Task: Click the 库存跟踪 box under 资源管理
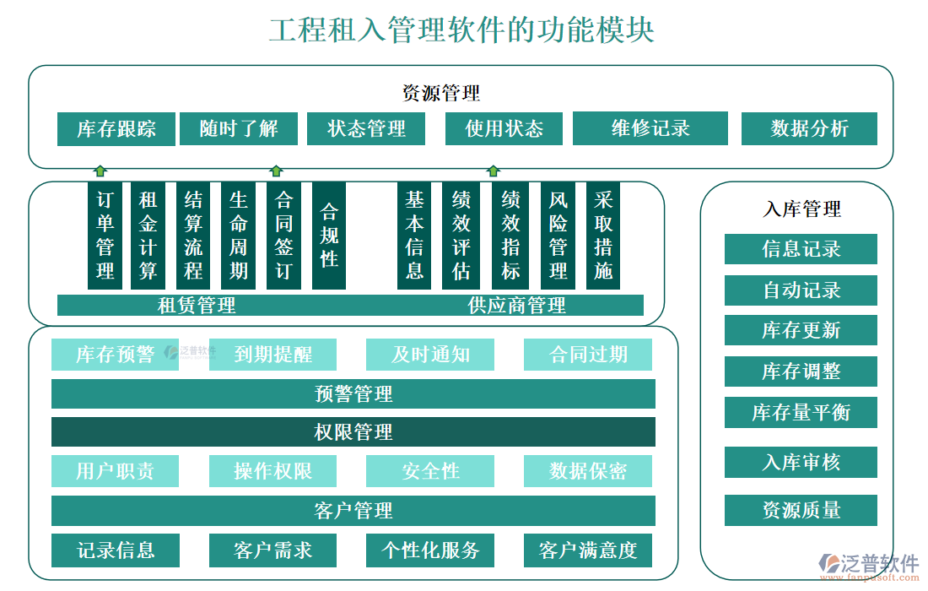[x=116, y=128]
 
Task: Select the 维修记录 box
[x=650, y=128]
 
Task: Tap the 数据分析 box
[x=809, y=128]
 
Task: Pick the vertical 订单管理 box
[x=105, y=236]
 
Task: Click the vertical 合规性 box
[x=329, y=236]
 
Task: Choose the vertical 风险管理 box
[x=558, y=236]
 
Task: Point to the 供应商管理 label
[x=516, y=305]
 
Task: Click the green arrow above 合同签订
[x=276, y=171]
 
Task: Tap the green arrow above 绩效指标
[x=494, y=171]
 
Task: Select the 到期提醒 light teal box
[x=272, y=355]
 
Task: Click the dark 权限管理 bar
[x=353, y=432]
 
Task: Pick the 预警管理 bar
[x=353, y=393]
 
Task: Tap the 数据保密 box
[x=587, y=471]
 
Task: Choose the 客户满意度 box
[x=587, y=550]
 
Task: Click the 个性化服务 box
[x=430, y=550]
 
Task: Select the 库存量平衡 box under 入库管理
[x=801, y=412]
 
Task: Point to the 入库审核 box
[x=801, y=462]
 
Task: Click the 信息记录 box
[x=801, y=249]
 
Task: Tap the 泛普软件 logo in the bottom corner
[x=869, y=565]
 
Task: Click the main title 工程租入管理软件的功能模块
[x=461, y=30]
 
